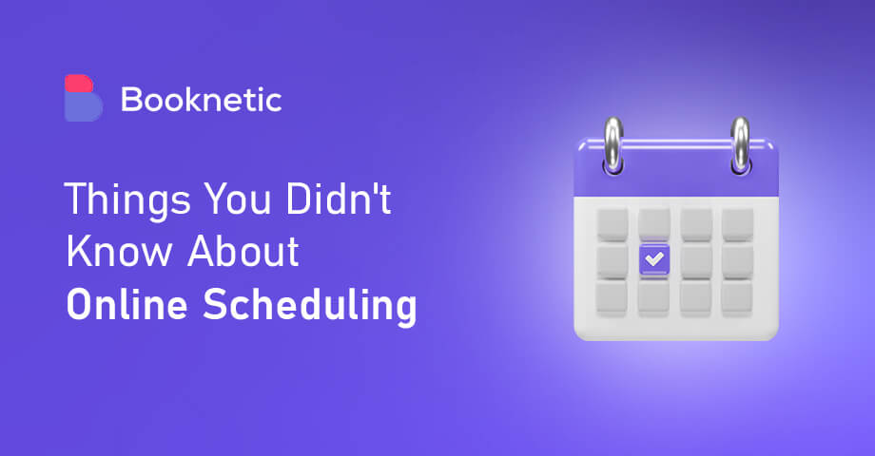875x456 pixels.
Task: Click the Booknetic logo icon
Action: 83,98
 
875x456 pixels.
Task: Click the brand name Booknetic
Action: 201,99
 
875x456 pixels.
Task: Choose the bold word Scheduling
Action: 315,307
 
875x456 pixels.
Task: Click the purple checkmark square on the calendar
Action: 653,258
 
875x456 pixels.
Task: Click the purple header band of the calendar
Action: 676,170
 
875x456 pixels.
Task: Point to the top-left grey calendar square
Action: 612,223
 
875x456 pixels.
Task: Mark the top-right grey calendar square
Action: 737,223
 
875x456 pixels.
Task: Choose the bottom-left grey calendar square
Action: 612,296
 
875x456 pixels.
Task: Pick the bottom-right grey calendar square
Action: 737,296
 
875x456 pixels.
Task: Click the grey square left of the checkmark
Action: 612,259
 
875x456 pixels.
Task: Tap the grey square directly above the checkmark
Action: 653,223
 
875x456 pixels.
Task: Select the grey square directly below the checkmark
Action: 653,296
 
